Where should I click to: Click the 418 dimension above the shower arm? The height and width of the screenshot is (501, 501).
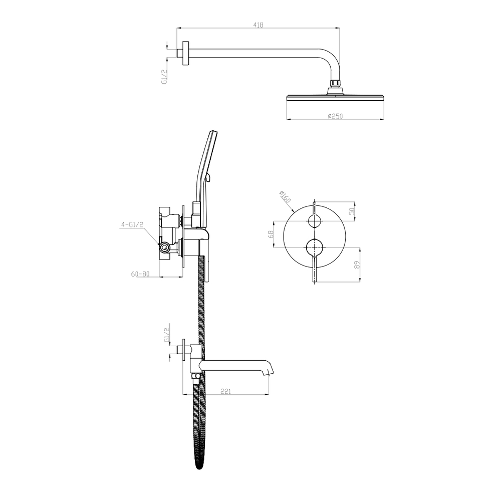[x=258, y=25]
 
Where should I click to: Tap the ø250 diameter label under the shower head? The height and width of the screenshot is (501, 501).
[x=335, y=116]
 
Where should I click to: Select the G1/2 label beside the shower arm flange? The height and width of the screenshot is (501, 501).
[x=164, y=77]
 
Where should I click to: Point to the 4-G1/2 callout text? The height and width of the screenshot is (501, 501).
[x=132, y=224]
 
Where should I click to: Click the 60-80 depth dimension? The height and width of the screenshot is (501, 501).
[x=140, y=274]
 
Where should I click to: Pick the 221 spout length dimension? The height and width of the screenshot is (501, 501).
[x=225, y=391]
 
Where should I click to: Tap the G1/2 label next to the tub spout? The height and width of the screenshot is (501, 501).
[x=166, y=335]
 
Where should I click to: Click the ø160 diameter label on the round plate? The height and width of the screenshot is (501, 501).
[x=285, y=197]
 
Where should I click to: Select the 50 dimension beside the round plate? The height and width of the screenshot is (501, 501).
[x=352, y=211]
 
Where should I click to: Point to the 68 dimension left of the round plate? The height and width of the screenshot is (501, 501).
[x=271, y=234]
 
